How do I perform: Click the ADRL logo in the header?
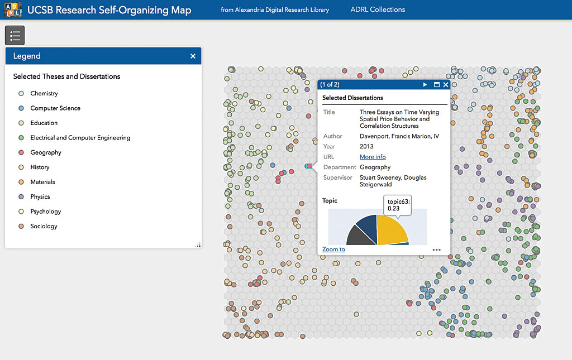pyautogui.click(x=12, y=9)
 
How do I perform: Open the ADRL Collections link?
pyautogui.click(x=378, y=9)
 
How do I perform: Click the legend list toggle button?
pyautogui.click(x=15, y=36)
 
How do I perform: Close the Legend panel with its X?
pyautogui.click(x=193, y=56)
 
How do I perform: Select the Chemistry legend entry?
pyautogui.click(x=44, y=93)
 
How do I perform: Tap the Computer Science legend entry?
pyautogui.click(x=55, y=108)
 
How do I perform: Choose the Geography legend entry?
pyautogui.click(x=45, y=152)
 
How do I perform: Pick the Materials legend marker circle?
pyautogui.click(x=21, y=182)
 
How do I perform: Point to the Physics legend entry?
pyautogui.click(x=40, y=196)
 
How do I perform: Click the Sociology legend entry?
pyautogui.click(x=44, y=226)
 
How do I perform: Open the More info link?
pyautogui.click(x=373, y=157)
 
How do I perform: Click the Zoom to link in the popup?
pyautogui.click(x=333, y=249)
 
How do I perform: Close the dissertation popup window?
pyautogui.click(x=446, y=85)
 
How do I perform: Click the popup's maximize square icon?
pyautogui.click(x=437, y=85)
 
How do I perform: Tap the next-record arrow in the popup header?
pyautogui.click(x=425, y=85)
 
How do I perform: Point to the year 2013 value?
pyautogui.click(x=366, y=146)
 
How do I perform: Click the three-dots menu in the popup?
pyautogui.click(x=436, y=249)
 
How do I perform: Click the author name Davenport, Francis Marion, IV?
pyautogui.click(x=399, y=136)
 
